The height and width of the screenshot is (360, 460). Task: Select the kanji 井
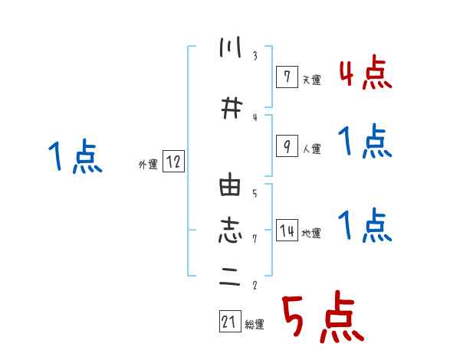click(x=229, y=109)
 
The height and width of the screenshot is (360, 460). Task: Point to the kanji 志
click(x=229, y=230)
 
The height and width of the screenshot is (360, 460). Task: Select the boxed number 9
click(x=285, y=146)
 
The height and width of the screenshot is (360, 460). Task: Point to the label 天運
click(x=311, y=80)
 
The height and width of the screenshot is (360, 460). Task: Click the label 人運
click(x=311, y=149)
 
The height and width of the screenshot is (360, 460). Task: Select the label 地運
click(x=311, y=234)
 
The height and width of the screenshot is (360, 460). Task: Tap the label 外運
click(x=147, y=164)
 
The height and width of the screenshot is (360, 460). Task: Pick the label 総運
click(x=255, y=326)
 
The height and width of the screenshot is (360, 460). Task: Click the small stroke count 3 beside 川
click(x=255, y=56)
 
